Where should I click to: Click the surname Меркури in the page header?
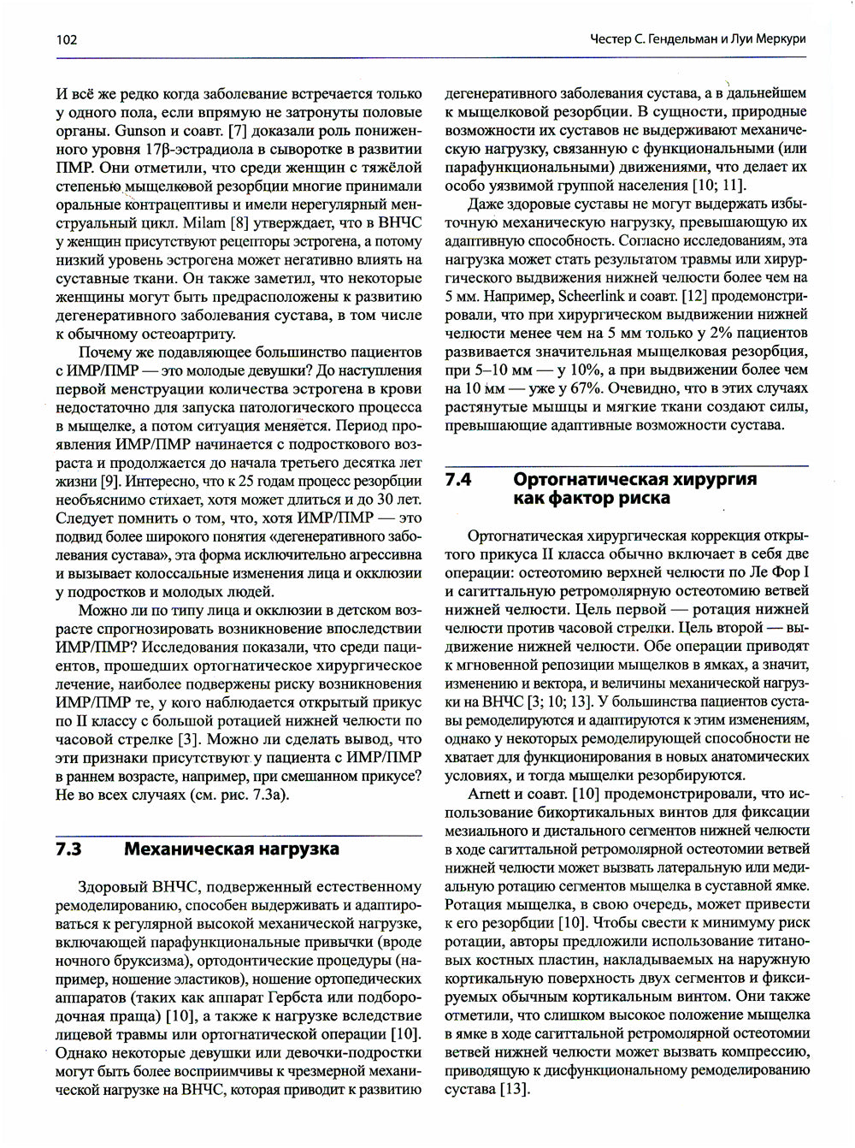pos(775,39)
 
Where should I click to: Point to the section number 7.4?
pos(459,479)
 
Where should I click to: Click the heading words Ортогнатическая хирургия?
pos(634,479)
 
